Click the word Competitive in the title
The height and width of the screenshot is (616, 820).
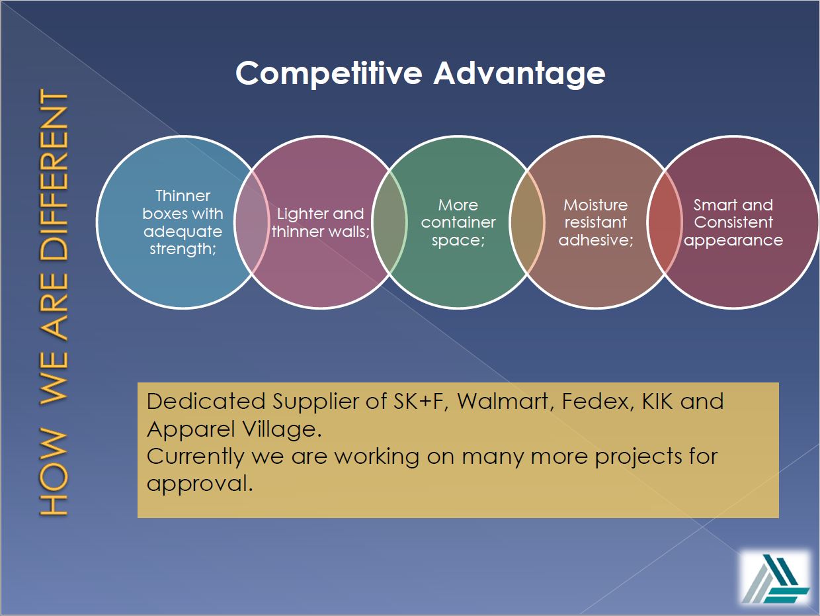(x=329, y=74)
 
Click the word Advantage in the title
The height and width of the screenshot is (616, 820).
(x=519, y=74)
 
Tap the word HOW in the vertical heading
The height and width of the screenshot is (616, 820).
(x=54, y=472)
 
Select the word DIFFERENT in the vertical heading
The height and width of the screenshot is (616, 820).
(x=54, y=175)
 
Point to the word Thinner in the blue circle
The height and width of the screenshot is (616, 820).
(x=183, y=196)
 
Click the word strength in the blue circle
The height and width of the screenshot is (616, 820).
(x=182, y=249)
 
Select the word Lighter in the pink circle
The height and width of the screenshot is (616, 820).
(x=301, y=214)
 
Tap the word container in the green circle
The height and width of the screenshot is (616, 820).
(x=458, y=222)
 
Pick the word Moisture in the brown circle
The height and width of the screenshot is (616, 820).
(x=595, y=205)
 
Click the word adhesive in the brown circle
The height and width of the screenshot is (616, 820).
(x=594, y=240)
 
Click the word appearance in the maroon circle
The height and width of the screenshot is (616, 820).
(x=733, y=241)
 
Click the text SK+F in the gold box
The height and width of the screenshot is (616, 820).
(x=420, y=402)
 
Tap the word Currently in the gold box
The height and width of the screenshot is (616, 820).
(x=194, y=457)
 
